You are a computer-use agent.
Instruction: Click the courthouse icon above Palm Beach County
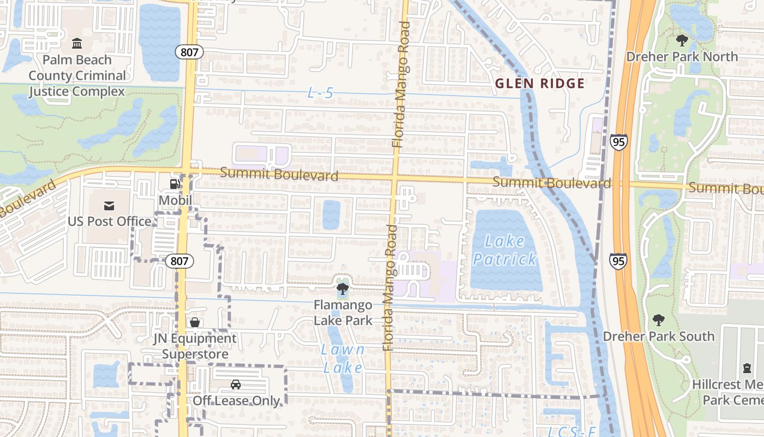point(77,43)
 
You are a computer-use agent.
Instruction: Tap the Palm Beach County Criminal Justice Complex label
point(77,75)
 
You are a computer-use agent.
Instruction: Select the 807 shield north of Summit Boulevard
point(189,52)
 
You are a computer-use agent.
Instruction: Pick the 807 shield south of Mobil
point(179,261)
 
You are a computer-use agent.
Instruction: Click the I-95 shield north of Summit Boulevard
point(619,142)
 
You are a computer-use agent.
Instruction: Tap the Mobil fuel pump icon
point(175,184)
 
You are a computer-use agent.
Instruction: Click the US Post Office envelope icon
point(109,205)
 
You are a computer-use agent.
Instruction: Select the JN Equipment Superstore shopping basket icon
point(195,322)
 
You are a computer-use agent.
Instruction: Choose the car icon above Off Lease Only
point(236,385)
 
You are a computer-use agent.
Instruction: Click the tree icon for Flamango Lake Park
point(343,288)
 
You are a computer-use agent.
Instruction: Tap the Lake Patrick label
point(505,250)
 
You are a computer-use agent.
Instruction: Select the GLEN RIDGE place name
point(540,84)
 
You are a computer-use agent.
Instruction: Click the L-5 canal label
point(320,93)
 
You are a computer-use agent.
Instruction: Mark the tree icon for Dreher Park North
point(682,40)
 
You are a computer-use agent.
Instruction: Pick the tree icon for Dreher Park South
point(659,320)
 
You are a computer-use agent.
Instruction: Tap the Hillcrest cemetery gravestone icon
point(747,368)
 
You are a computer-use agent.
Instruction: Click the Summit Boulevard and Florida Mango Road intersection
point(395,178)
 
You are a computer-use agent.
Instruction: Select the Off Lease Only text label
point(236,400)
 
